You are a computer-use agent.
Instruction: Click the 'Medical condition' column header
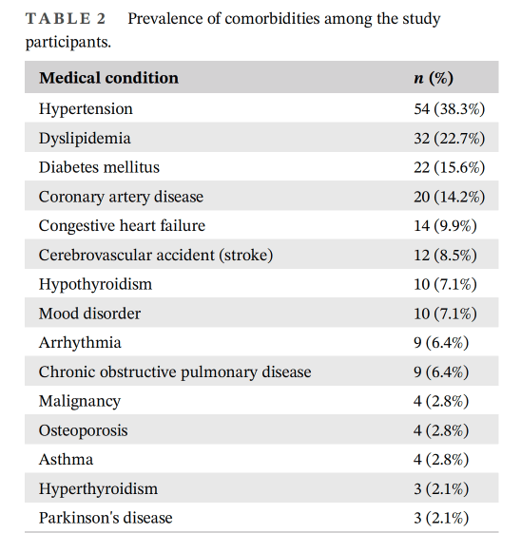(108, 78)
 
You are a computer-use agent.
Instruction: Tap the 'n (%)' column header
(434, 78)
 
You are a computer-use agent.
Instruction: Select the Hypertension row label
(86, 109)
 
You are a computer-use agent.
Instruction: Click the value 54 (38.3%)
(449, 109)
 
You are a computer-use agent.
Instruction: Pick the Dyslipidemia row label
(85, 139)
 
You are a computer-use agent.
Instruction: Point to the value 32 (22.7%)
(449, 139)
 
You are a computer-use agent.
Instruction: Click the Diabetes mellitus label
(99, 167)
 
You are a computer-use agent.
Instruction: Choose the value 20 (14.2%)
(449, 197)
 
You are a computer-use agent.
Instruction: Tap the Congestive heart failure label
(122, 226)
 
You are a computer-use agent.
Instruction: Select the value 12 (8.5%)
(445, 256)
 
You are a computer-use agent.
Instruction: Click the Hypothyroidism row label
(95, 285)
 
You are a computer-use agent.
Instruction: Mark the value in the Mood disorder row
(445, 314)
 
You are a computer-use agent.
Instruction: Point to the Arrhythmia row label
(80, 343)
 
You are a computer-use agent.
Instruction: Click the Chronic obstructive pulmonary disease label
(175, 372)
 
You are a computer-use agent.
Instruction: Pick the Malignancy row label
(80, 402)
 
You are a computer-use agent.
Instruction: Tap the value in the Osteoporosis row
(441, 430)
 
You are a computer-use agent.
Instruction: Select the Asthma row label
(66, 460)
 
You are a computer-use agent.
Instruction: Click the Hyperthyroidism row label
(98, 489)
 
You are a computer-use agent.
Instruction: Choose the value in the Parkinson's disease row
(441, 519)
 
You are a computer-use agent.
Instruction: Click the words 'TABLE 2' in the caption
(66, 19)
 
